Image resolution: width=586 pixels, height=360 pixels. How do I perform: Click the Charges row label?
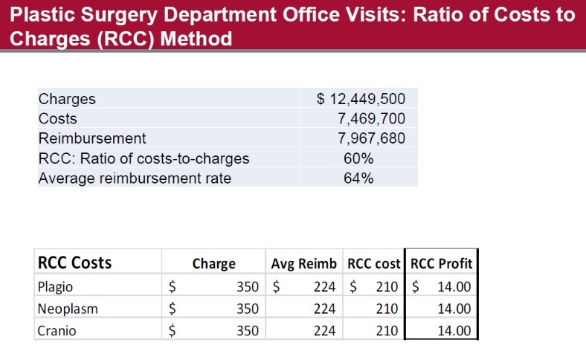(67, 99)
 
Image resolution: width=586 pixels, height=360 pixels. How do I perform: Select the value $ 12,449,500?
(361, 99)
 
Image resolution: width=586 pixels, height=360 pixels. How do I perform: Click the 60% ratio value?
(358, 158)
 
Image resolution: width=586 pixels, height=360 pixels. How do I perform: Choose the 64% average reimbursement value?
(358, 178)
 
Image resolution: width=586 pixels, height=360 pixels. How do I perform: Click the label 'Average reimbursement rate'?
(135, 178)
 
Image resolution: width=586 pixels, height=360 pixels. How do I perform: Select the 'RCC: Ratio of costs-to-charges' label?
(144, 158)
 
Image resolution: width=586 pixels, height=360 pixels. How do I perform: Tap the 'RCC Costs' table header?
(74, 263)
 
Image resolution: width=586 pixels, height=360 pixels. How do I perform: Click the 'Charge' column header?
(213, 263)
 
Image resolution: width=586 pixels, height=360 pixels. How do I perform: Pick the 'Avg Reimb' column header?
(303, 263)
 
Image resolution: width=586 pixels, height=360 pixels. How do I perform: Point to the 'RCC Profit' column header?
(441, 263)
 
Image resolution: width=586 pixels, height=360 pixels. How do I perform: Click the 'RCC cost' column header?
(374, 263)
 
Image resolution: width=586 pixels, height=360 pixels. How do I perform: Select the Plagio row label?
(56, 286)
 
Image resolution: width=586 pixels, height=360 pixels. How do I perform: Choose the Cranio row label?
(57, 331)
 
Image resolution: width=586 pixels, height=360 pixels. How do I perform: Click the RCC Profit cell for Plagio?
(454, 286)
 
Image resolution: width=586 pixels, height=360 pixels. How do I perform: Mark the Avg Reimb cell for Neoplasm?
(324, 309)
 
